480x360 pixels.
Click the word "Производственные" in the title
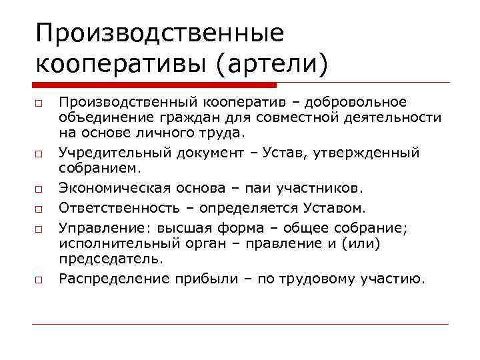[x=160, y=34]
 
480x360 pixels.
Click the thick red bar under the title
[x=154, y=85]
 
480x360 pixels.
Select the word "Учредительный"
[x=114, y=153]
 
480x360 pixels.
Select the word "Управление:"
[x=101, y=228]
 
